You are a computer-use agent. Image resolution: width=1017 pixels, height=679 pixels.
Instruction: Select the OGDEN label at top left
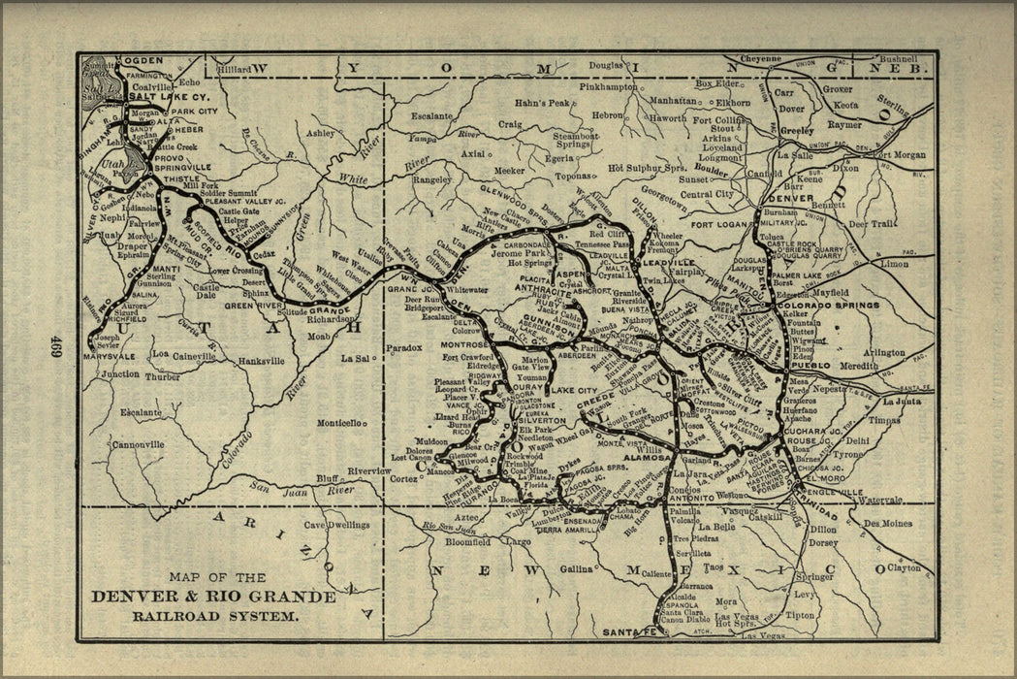click(x=143, y=60)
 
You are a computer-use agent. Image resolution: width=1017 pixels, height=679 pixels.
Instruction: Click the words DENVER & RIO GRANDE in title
click(x=213, y=596)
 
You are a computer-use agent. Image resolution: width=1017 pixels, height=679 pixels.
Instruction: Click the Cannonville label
click(x=139, y=445)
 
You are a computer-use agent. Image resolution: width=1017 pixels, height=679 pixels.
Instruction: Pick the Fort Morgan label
click(x=901, y=154)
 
